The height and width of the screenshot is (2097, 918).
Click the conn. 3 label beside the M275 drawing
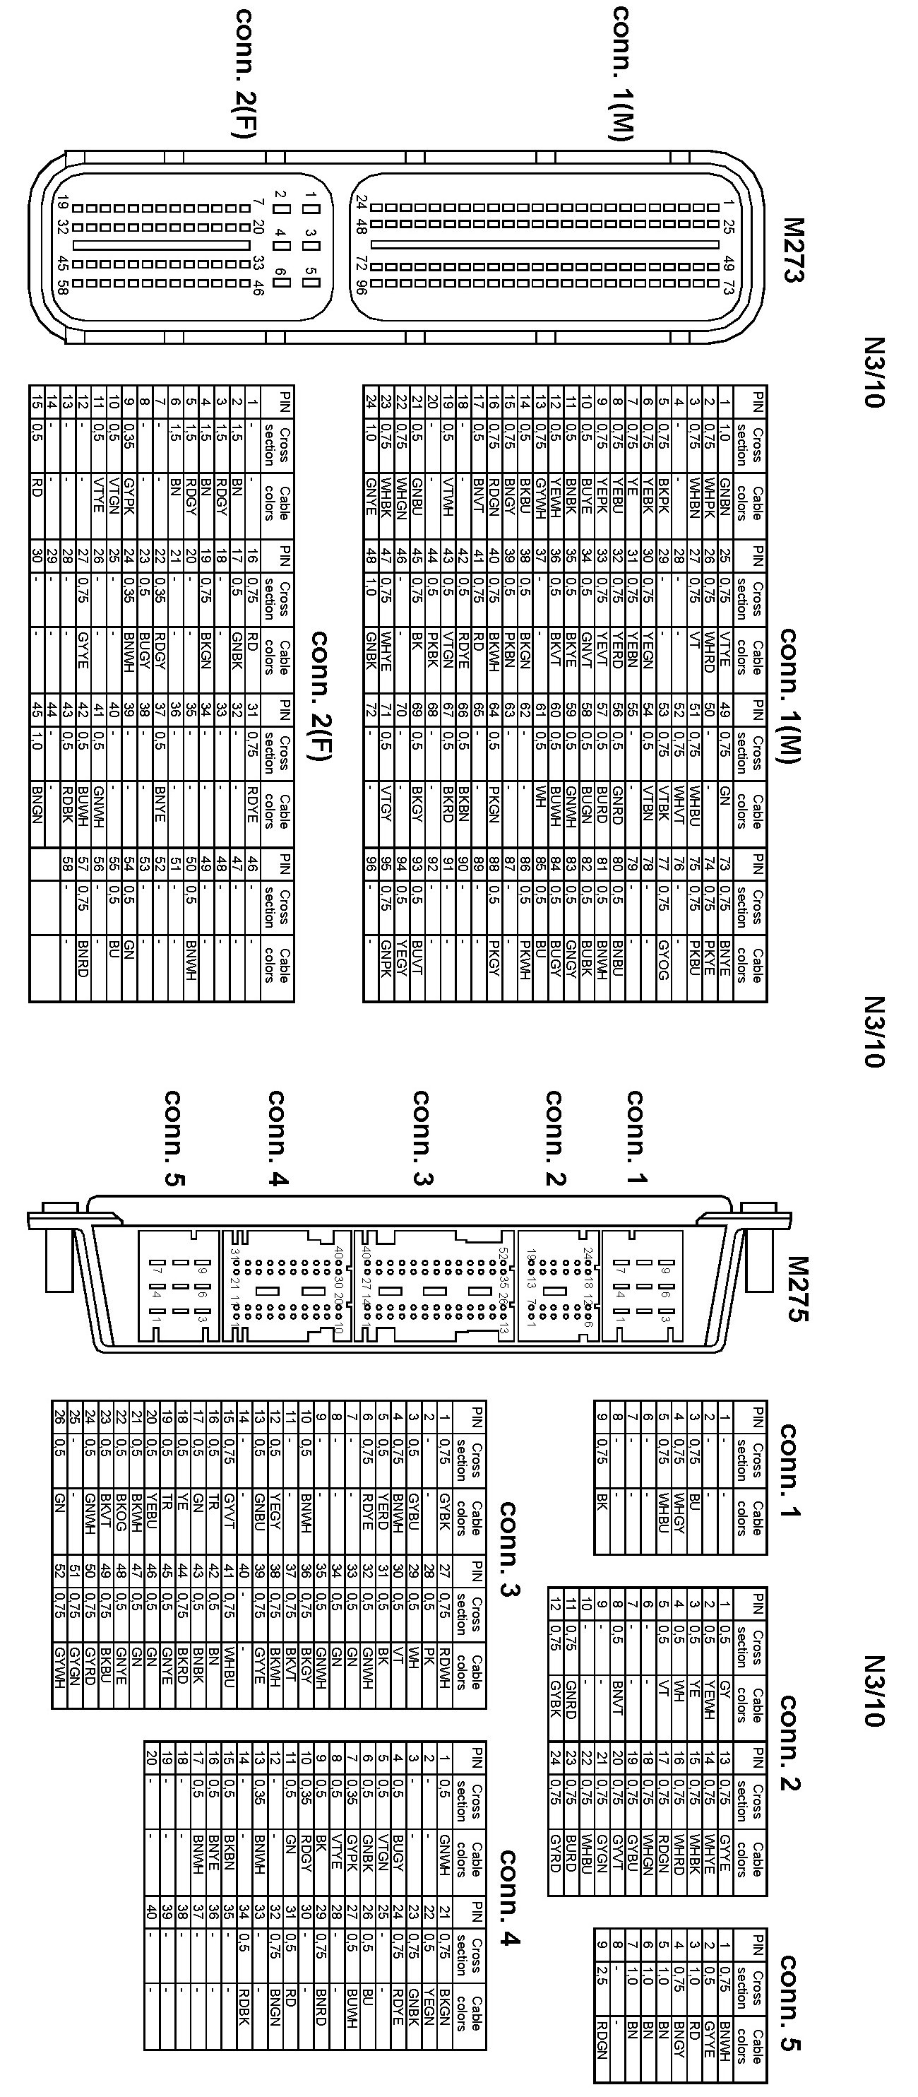pyautogui.click(x=422, y=1138)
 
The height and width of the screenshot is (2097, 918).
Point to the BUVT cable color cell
pyautogui.click(x=417, y=957)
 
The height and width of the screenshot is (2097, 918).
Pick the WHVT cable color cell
pyautogui.click(x=679, y=806)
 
